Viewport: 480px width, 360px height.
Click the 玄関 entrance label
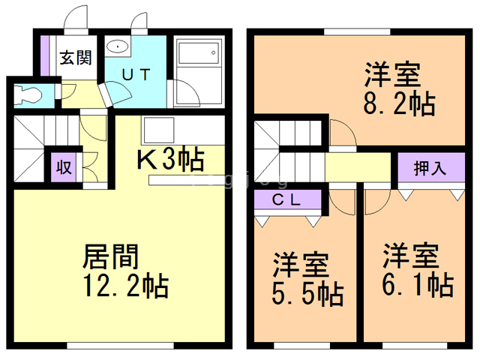[x=76, y=58]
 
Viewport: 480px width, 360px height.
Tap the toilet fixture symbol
[x=28, y=94]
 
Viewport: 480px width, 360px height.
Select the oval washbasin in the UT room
[x=118, y=46]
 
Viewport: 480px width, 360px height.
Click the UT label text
[x=136, y=74]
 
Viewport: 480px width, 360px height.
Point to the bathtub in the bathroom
[x=199, y=53]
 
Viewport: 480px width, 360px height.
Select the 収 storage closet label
[x=64, y=167]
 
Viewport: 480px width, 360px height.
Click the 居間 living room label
[x=111, y=256]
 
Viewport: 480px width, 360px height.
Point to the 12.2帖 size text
[x=126, y=286]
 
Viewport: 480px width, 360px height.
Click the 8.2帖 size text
[x=399, y=103]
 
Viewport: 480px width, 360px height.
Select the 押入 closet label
[x=430, y=168]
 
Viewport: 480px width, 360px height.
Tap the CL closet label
[x=286, y=200]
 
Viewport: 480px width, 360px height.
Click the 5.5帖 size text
[x=307, y=294]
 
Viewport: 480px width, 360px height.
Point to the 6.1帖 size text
[x=418, y=285]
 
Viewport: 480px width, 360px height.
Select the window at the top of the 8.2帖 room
[x=357, y=31]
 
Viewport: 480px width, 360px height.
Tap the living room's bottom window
[x=120, y=346]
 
